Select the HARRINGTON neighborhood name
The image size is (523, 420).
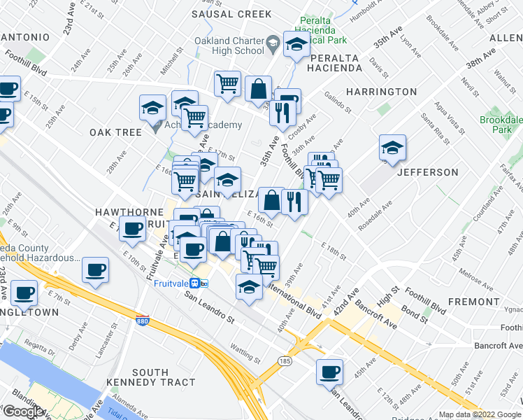pos(381,92)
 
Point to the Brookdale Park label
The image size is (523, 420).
pos(501,125)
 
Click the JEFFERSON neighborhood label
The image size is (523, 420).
pos(428,172)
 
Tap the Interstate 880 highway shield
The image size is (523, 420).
pos(142,320)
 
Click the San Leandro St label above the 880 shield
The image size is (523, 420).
pos(209,307)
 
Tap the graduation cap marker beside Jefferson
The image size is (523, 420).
pos(393,149)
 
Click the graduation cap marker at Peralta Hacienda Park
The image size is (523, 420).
pos(296,45)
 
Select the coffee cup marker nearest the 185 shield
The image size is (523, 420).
pos(329,373)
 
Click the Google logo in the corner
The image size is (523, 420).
pos(23,412)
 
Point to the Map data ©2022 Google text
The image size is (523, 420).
pos(480,414)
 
